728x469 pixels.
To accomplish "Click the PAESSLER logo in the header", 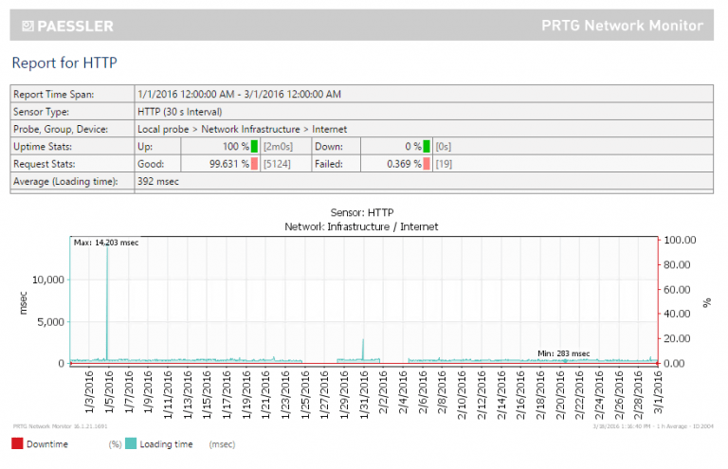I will (70, 26).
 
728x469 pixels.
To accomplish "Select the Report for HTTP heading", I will (64, 63).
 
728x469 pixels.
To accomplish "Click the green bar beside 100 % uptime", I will (255, 147).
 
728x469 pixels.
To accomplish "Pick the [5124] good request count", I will (277, 164).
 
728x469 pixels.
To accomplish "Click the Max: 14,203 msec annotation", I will (106, 244).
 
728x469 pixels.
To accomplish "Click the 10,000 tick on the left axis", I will (47, 280).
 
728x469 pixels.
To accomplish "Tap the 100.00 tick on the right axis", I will (680, 240).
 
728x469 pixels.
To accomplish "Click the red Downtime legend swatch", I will (17, 443).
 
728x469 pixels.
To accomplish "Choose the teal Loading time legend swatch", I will (131, 443).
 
